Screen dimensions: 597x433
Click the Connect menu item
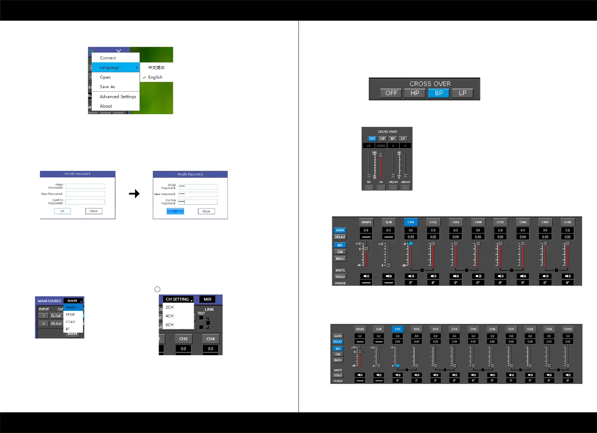click(108, 58)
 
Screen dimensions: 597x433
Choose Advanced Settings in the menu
click(118, 96)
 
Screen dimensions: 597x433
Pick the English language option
click(155, 77)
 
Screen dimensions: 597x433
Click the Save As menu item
click(107, 87)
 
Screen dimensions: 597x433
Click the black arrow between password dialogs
click(134, 193)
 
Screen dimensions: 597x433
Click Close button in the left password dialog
click(94, 211)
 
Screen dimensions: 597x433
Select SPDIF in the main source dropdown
click(70, 314)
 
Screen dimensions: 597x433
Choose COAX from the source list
click(70, 322)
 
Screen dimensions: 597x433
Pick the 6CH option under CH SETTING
click(170, 325)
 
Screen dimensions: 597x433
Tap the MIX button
click(207, 299)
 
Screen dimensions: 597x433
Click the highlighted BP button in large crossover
click(439, 93)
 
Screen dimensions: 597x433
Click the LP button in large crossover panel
click(462, 93)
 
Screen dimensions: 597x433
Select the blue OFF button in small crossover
click(372, 139)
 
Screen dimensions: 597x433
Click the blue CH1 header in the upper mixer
click(411, 222)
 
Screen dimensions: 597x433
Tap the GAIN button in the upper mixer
click(340, 230)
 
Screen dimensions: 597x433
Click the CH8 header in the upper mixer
click(568, 222)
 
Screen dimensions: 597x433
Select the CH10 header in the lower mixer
click(568, 329)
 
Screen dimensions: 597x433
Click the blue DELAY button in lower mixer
click(338, 342)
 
